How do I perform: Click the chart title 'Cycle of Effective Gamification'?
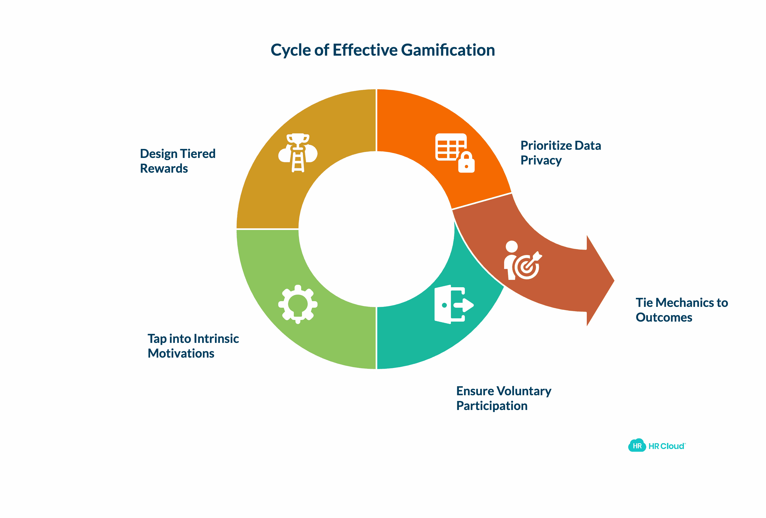383,50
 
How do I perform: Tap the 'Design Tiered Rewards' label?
177,161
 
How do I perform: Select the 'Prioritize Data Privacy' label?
560,152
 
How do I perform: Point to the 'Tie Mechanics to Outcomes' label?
681,310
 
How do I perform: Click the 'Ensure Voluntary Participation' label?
503,398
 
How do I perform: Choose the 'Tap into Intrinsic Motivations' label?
193,346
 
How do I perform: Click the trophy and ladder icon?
298,152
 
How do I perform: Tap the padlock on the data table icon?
466,163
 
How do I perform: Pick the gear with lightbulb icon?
298,304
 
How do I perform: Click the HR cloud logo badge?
637,445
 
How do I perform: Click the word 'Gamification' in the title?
448,50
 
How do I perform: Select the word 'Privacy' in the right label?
541,160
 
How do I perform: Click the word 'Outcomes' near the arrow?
663,317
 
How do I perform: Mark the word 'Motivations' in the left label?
181,353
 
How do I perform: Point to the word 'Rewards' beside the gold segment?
164,168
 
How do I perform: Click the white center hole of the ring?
376,229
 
